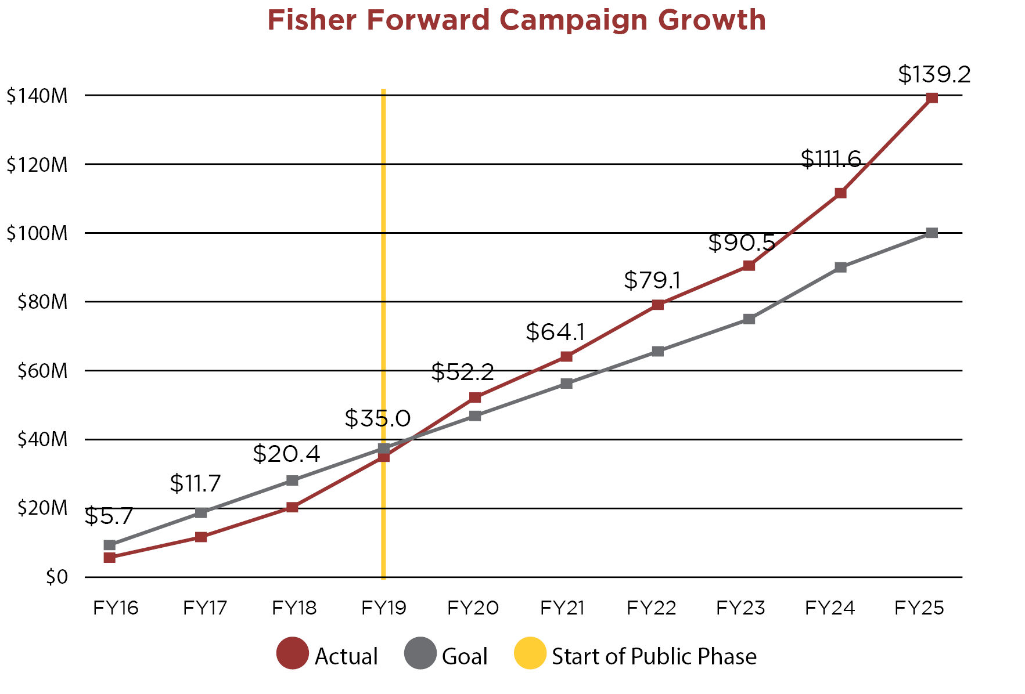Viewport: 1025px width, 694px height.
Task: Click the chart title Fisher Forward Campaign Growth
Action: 516,20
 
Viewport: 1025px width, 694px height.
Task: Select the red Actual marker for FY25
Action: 932,97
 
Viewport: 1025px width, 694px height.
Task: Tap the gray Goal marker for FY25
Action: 932,233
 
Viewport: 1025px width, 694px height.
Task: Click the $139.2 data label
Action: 934,74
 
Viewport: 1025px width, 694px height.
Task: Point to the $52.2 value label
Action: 462,372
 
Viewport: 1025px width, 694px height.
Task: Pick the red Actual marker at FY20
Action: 475,397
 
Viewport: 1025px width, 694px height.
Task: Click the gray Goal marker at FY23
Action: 749,319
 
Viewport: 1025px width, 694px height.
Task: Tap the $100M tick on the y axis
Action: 37,233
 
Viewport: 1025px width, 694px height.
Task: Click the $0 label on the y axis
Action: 56,577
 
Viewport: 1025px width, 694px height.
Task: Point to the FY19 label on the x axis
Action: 383,608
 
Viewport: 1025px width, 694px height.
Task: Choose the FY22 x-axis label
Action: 652,608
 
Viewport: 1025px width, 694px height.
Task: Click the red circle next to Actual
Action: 292,653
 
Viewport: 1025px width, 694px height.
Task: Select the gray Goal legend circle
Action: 420,653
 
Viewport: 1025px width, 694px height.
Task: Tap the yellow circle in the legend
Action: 530,653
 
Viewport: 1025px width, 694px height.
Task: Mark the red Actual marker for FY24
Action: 840,193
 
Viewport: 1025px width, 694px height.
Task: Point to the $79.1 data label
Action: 652,281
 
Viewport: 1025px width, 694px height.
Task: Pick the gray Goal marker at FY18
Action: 292,480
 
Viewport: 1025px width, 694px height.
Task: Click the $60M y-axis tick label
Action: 42,371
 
